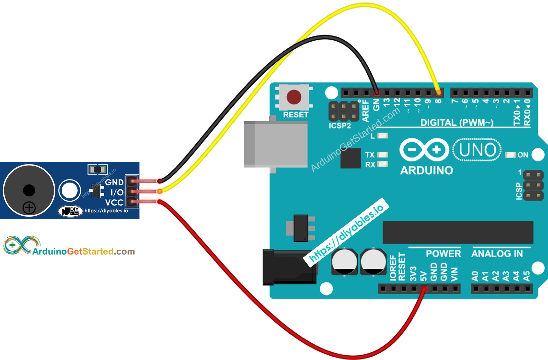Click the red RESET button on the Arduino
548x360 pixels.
(x=294, y=97)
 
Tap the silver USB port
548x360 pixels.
(x=276, y=144)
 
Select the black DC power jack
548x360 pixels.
(x=289, y=267)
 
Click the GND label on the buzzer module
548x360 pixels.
(x=114, y=182)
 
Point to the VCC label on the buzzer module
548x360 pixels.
(x=114, y=203)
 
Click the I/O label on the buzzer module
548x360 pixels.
(x=117, y=192)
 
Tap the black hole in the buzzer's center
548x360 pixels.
(x=29, y=190)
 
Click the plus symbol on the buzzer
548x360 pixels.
(x=29, y=208)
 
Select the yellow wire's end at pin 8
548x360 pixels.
(x=439, y=92)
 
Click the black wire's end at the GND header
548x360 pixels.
(x=377, y=92)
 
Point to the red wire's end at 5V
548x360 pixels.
(x=424, y=288)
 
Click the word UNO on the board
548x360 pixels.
(x=477, y=150)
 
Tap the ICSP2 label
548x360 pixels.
(x=339, y=126)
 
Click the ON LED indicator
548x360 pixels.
(x=511, y=155)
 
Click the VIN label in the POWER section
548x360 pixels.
(x=454, y=274)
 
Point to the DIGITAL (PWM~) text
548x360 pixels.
(x=457, y=123)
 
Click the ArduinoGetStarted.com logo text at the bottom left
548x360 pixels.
(x=83, y=252)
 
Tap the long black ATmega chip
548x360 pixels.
(x=458, y=232)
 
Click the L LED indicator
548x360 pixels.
(x=382, y=135)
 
